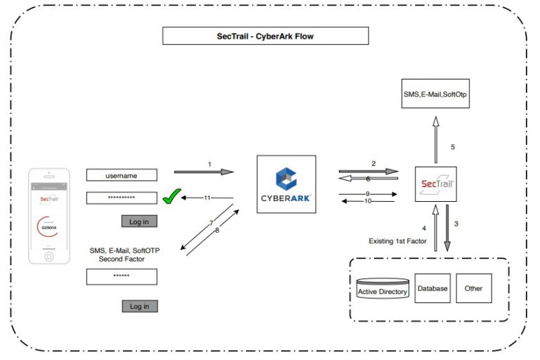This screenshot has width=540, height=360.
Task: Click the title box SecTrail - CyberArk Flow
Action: click(x=265, y=36)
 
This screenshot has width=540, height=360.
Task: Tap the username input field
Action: click(x=122, y=176)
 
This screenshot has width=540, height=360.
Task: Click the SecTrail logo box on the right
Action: click(x=435, y=185)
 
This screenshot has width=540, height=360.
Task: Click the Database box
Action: click(x=432, y=288)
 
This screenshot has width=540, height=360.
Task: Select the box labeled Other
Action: click(x=473, y=288)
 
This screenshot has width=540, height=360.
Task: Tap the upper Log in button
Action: click(x=139, y=221)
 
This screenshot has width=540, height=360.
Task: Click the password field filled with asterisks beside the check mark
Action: click(x=122, y=198)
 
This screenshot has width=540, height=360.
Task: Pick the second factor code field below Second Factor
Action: click(x=122, y=277)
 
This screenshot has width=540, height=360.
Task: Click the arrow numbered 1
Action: click(x=204, y=171)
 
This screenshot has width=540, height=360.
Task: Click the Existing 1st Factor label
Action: click(x=398, y=240)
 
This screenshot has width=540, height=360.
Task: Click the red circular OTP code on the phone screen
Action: click(x=49, y=227)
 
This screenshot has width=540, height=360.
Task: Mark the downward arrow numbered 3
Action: click(x=448, y=226)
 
